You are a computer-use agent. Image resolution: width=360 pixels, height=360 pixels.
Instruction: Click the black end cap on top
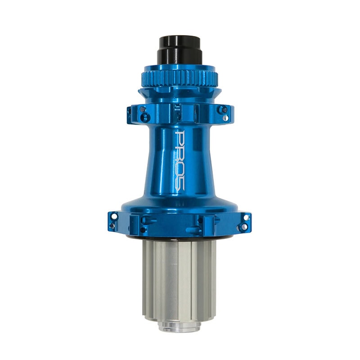(x=180, y=51)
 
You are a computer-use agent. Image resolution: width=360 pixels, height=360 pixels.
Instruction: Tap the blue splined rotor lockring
(x=180, y=78)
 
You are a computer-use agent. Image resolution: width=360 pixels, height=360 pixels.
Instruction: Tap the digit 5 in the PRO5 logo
(x=180, y=183)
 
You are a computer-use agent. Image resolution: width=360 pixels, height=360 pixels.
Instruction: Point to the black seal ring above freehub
(x=179, y=238)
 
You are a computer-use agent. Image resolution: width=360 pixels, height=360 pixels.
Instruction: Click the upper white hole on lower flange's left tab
(x=114, y=216)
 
